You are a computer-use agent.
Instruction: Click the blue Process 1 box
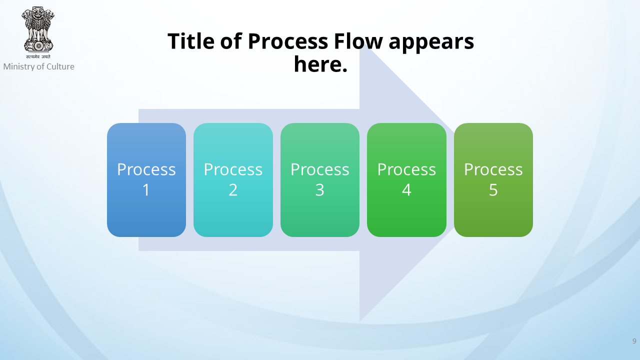click(146, 180)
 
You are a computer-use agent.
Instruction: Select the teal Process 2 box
click(233, 180)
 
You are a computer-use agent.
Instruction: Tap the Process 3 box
click(319, 180)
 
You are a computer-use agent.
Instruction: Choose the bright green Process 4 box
click(406, 180)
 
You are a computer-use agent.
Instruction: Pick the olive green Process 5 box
click(493, 180)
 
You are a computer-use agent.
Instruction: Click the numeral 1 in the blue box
click(146, 190)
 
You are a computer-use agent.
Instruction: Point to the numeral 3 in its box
click(319, 190)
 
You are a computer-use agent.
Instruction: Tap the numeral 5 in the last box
click(493, 190)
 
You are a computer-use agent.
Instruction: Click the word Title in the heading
click(191, 41)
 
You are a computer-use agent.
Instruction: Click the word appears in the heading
click(431, 43)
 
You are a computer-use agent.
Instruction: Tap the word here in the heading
click(317, 64)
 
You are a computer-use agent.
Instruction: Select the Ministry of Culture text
click(39, 66)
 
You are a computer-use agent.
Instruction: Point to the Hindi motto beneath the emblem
click(38, 56)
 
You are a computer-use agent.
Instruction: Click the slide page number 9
click(634, 341)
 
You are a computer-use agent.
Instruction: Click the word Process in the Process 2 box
click(233, 169)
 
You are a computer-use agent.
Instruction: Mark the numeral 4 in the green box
click(406, 190)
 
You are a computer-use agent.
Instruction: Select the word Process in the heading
click(288, 41)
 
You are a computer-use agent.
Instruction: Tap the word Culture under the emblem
click(60, 66)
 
